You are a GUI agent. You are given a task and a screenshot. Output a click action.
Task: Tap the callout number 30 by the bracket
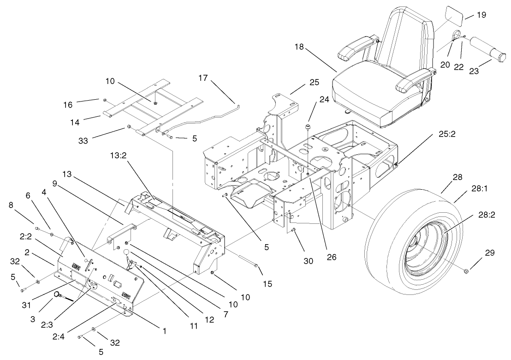(x=308, y=261)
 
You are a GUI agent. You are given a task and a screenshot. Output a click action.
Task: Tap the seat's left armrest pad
(x=355, y=47)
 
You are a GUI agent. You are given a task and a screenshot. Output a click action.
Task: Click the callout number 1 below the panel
(x=164, y=330)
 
